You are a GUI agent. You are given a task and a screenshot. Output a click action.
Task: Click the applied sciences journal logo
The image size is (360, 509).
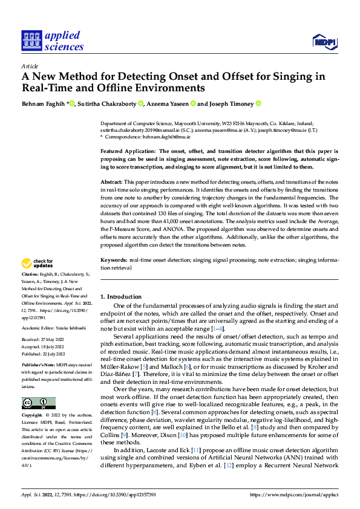(51, 41)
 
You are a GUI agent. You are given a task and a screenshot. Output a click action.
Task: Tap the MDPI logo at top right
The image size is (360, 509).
(324, 41)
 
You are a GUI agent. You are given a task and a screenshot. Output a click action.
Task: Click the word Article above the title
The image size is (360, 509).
(30, 66)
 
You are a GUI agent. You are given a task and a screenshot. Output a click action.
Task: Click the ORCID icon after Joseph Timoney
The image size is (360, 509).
(258, 103)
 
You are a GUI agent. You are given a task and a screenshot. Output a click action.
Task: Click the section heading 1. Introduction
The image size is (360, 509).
(120, 297)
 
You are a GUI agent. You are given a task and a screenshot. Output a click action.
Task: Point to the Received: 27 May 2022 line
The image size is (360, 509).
(44, 340)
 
